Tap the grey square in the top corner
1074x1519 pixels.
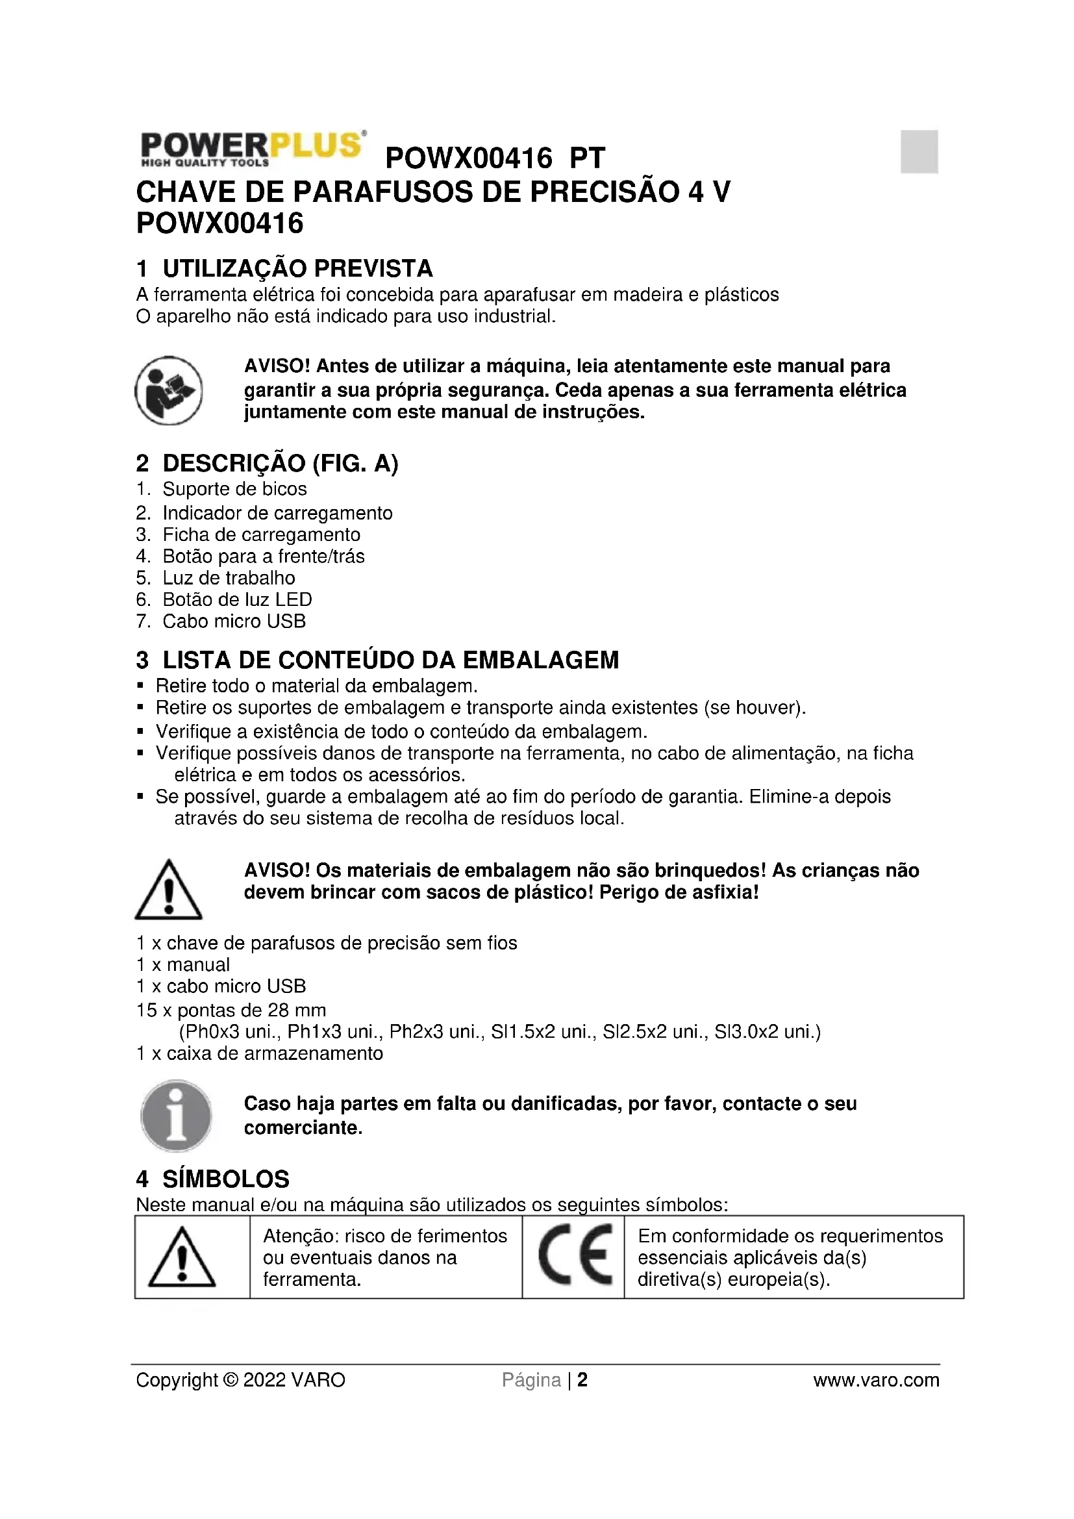tap(919, 151)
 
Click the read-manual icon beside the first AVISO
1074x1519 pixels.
tap(169, 390)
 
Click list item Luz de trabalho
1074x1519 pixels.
tap(229, 577)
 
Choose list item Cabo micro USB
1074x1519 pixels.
tap(234, 621)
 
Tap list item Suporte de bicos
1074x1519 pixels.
tap(235, 489)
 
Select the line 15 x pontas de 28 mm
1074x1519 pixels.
tap(231, 1011)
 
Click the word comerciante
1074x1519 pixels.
tap(303, 1127)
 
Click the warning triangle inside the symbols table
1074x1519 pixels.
tap(182, 1257)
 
